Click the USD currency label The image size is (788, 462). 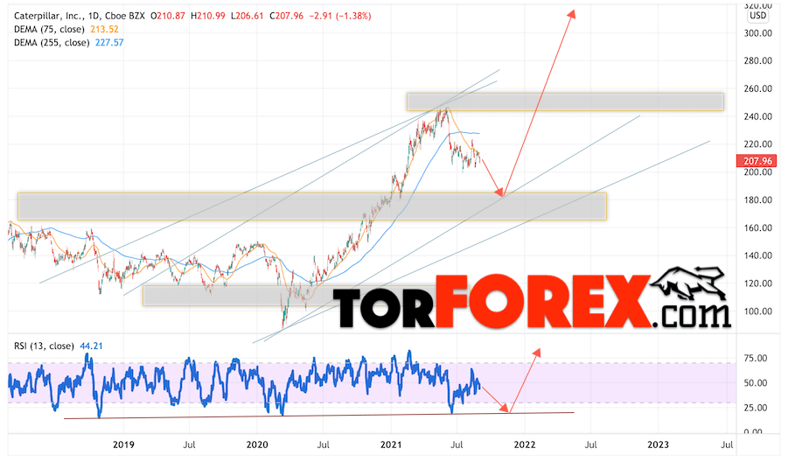(758, 16)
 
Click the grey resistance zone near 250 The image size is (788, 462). (565, 101)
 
